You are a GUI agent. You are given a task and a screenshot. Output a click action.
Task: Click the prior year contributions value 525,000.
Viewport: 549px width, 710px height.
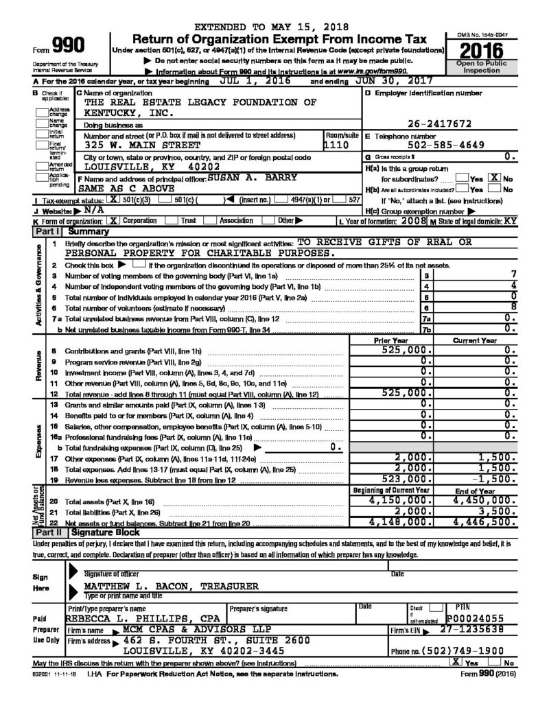coord(409,350)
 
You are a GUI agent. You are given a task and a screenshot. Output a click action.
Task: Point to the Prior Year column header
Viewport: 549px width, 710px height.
coord(393,340)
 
